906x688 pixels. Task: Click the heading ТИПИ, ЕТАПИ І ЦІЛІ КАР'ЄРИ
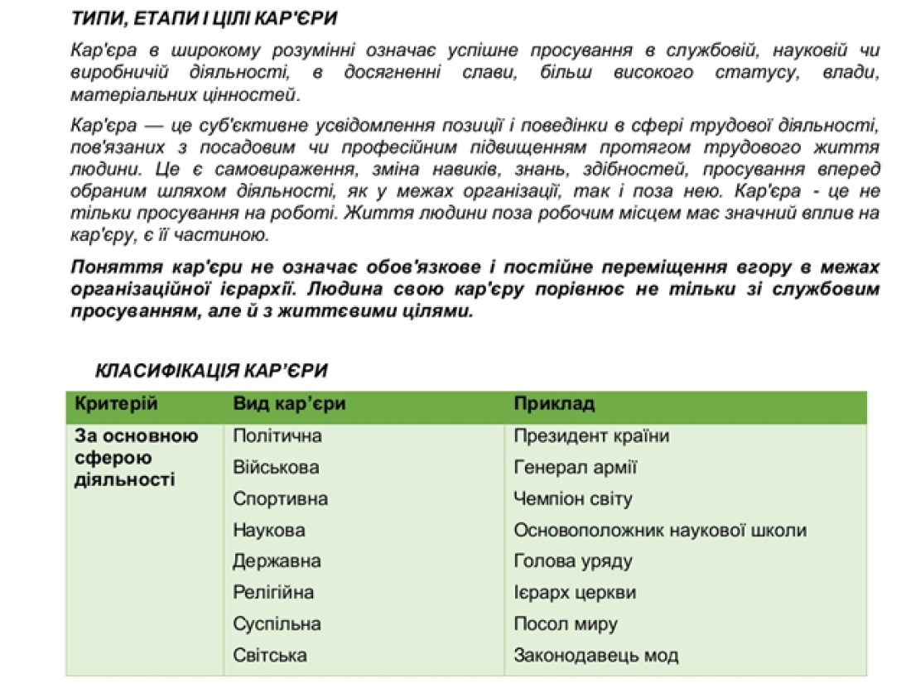pos(205,18)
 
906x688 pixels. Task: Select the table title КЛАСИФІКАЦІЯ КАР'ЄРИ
pos(212,370)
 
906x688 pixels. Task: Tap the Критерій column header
pos(116,404)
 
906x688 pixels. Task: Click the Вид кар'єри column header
pos(289,404)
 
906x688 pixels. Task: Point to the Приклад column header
pos(554,404)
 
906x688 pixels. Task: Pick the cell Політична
pos(277,435)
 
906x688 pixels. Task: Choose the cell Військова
pos(276,468)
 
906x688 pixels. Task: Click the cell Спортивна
pos(280,499)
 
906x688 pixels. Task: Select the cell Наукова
pos(268,530)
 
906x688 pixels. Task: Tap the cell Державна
pos(277,561)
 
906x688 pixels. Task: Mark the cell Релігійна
pos(273,593)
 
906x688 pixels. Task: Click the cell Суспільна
pos(277,624)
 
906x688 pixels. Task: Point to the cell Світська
pos(270,656)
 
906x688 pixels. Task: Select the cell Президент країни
pos(591,435)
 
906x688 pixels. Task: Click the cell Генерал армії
pos(576,468)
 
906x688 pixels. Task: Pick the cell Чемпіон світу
pos(573,499)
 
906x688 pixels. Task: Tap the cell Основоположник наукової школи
pos(660,530)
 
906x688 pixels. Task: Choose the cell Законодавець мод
pos(596,656)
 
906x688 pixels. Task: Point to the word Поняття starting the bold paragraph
pos(108,268)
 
